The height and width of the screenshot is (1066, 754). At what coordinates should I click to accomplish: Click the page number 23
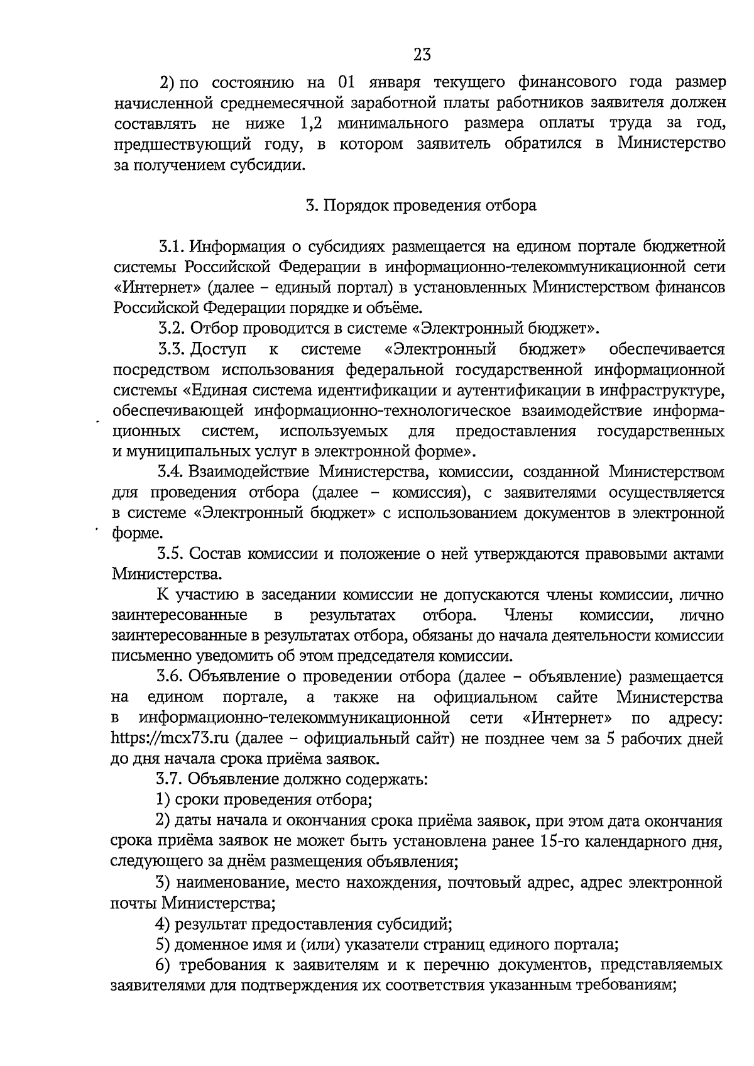[422, 55]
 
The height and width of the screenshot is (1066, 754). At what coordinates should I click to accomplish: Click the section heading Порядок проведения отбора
[430, 206]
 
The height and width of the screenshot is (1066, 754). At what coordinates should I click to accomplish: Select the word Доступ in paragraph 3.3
[218, 349]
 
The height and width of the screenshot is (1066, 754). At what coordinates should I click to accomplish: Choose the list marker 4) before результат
[163, 924]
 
